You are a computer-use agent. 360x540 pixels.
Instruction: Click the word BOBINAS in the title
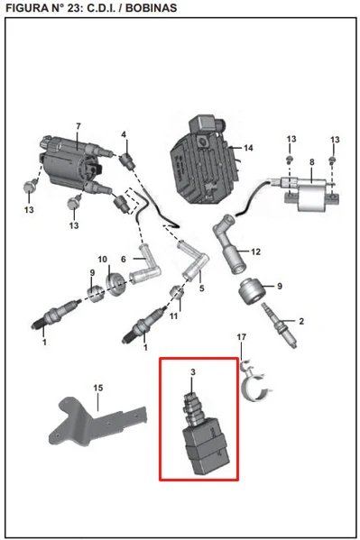click(x=151, y=8)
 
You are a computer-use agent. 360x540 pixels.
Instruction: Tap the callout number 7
click(x=78, y=126)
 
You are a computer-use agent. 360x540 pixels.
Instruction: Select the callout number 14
click(x=248, y=148)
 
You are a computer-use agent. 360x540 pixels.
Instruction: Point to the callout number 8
click(x=311, y=162)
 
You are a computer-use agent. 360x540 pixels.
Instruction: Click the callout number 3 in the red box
click(x=193, y=372)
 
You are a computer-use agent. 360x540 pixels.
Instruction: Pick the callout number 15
click(x=98, y=388)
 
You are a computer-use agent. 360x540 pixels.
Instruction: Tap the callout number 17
click(x=242, y=336)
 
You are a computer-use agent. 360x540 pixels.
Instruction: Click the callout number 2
click(x=301, y=321)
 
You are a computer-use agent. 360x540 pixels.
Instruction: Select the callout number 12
click(x=255, y=252)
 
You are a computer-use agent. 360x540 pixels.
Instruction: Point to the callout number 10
click(x=103, y=259)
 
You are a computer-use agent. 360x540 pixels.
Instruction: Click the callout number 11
click(x=173, y=316)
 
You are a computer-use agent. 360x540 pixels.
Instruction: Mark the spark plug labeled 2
click(x=280, y=325)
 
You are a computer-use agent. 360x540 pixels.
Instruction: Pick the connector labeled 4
click(x=126, y=160)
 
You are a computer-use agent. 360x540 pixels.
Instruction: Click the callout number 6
click(x=124, y=259)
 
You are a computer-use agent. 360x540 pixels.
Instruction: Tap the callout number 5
click(x=202, y=288)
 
